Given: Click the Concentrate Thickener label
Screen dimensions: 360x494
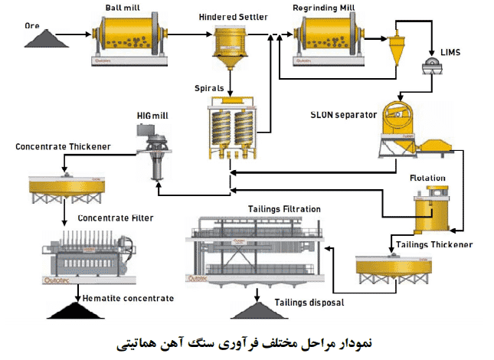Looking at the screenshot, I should pos(63,146).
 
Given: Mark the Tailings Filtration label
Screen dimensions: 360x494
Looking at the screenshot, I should pos(284,208).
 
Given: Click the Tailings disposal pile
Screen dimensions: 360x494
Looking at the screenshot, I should pos(260,309).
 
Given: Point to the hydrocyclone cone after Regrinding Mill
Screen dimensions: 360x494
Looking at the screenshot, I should pos(398,50).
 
